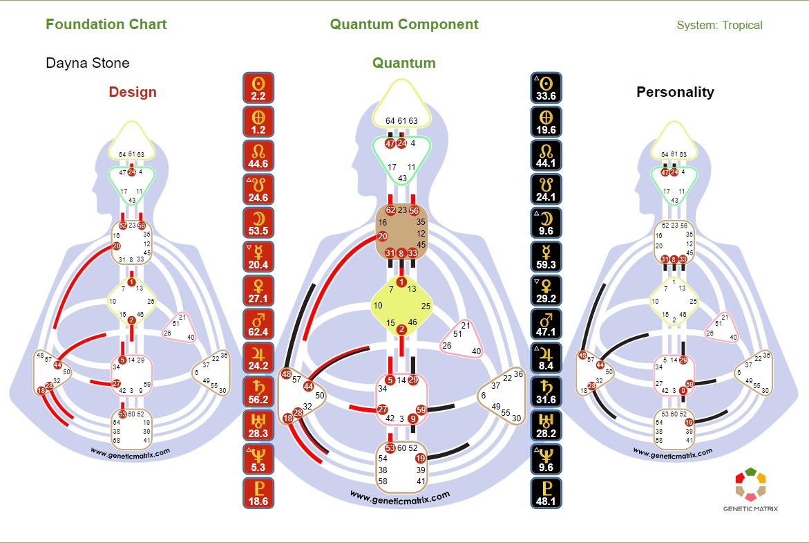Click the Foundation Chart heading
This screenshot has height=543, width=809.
106,24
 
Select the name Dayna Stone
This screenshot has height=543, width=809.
87,63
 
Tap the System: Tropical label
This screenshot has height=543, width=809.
719,25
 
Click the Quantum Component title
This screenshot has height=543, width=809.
403,24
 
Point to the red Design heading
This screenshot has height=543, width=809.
133,92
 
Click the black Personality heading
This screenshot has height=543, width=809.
675,92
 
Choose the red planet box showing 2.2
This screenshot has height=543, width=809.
259,88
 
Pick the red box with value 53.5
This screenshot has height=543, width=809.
259,223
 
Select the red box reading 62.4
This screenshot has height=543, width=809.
259,324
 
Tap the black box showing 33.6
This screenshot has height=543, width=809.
546,88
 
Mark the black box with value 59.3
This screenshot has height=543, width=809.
546,257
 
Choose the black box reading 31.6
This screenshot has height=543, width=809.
546,392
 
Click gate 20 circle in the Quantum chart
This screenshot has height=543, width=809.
383,237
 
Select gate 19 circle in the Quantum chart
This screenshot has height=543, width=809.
419,458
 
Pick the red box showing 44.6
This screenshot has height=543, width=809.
259,156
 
